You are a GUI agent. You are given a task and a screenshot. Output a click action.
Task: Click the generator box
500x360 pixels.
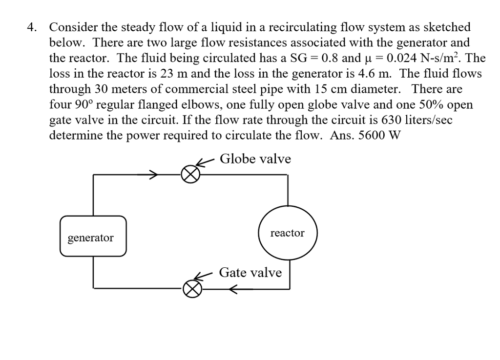(93, 237)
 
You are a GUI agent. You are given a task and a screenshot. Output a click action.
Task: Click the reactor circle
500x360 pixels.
(288, 233)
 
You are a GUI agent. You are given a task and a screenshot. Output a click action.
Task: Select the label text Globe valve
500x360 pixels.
(255, 159)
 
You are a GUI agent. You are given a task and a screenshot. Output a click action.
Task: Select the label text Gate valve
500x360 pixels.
(250, 272)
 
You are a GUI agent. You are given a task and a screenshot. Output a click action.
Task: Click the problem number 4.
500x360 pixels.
(31, 27)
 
